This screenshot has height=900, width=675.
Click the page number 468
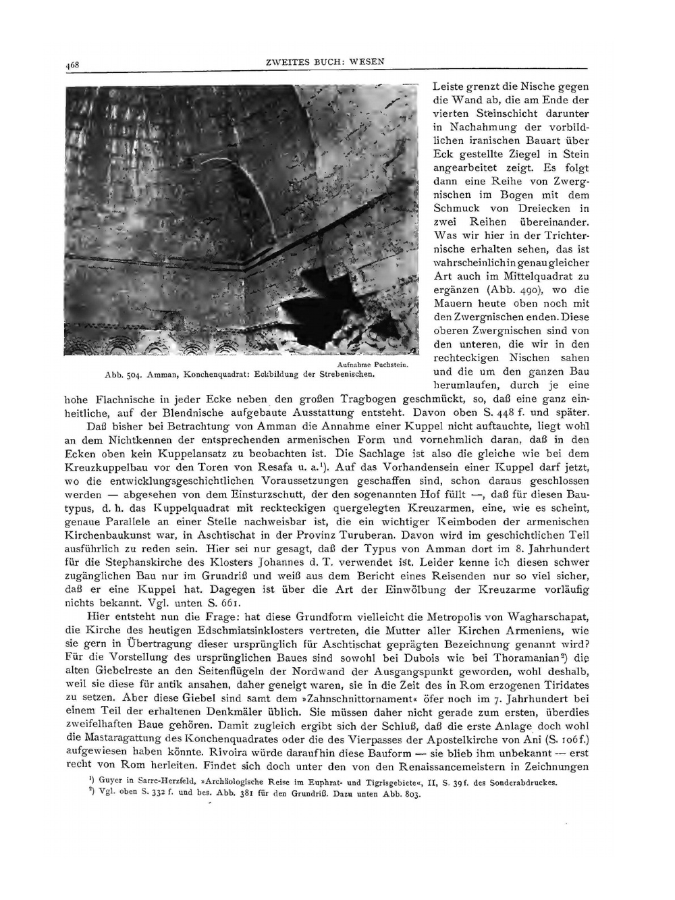(x=73, y=65)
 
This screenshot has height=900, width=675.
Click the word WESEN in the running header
(x=368, y=61)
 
